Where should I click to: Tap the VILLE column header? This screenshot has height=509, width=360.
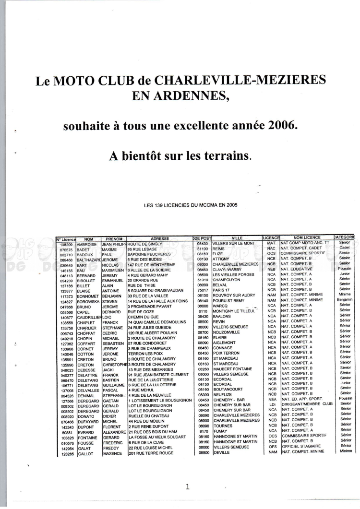click(237, 238)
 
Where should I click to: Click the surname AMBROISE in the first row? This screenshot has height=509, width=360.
click(88, 243)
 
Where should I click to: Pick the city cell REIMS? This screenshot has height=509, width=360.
click(219, 249)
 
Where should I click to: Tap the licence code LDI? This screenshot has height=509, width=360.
click(272, 404)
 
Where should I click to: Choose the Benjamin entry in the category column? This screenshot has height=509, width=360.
click(345, 300)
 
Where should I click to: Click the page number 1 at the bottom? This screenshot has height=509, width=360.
click(187, 487)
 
